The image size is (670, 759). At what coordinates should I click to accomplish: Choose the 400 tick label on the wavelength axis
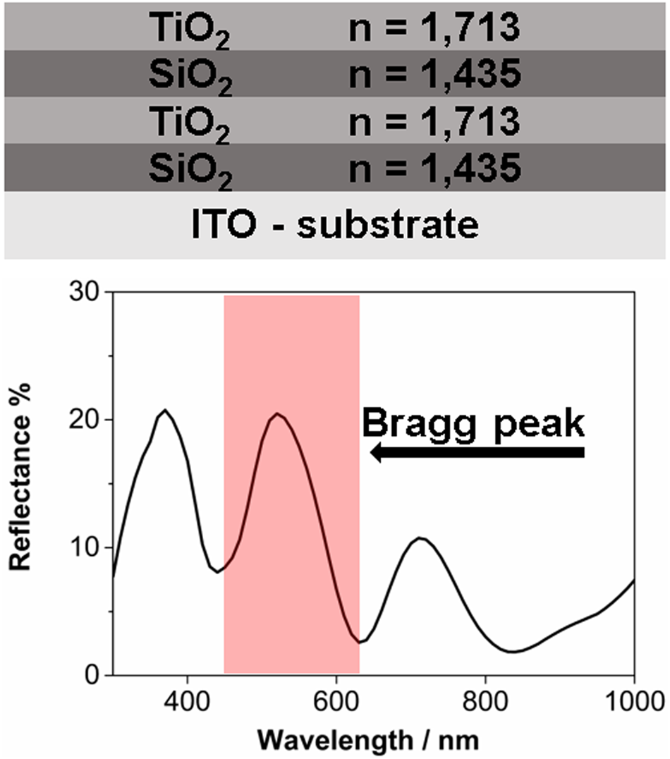[187, 700]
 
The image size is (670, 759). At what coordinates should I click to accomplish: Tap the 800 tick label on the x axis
[485, 700]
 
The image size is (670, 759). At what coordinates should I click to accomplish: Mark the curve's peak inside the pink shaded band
[277, 413]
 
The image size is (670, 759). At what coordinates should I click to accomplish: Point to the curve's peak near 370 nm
[165, 410]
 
